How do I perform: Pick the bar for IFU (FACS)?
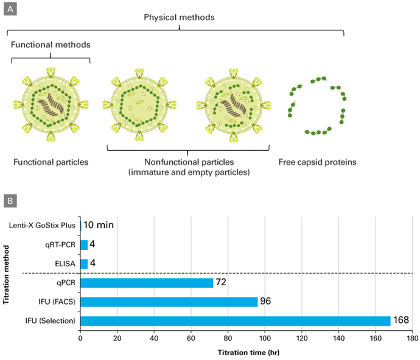pyautogui.click(x=169, y=302)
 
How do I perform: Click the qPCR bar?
pyautogui.click(x=147, y=283)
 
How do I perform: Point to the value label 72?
pyautogui.click(x=221, y=283)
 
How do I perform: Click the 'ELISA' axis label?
pyautogui.click(x=65, y=264)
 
